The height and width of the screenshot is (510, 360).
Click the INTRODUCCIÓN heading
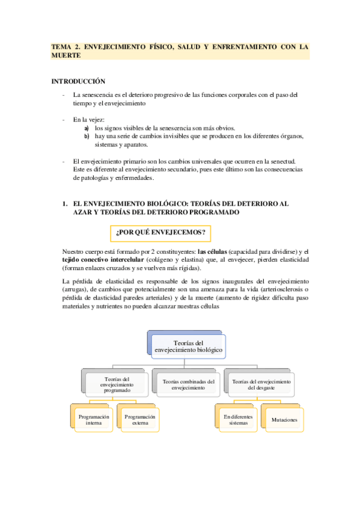click(x=78, y=81)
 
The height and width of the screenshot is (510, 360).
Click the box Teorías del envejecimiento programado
click(x=117, y=384)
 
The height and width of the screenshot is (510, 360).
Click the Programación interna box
click(x=93, y=420)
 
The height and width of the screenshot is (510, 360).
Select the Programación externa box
click(x=139, y=420)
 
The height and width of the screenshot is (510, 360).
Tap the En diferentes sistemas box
click(x=238, y=419)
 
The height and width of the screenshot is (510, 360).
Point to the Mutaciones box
click(x=285, y=419)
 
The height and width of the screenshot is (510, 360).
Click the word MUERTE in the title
click(x=66, y=55)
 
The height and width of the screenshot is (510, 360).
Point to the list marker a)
click(x=87, y=128)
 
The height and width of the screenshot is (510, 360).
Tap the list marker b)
click(x=87, y=137)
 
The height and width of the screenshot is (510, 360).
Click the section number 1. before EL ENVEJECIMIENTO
click(x=65, y=204)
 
